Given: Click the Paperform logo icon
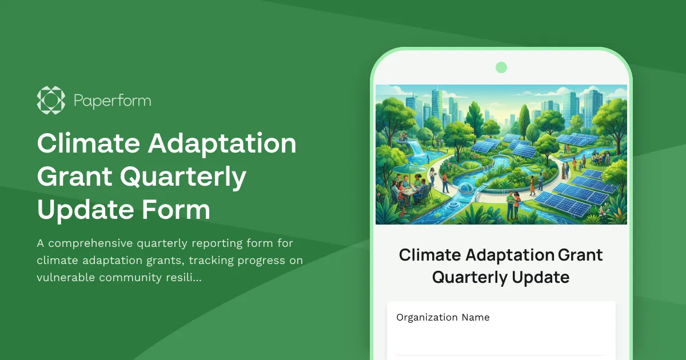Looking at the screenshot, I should [51, 101].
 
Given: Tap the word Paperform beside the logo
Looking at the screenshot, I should [112, 101].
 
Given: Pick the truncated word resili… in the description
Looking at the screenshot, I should [182, 278].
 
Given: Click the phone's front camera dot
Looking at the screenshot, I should [501, 67].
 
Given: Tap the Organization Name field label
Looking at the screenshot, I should [443, 318].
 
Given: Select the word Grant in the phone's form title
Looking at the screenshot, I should [580, 255].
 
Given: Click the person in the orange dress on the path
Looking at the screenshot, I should [533, 183].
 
